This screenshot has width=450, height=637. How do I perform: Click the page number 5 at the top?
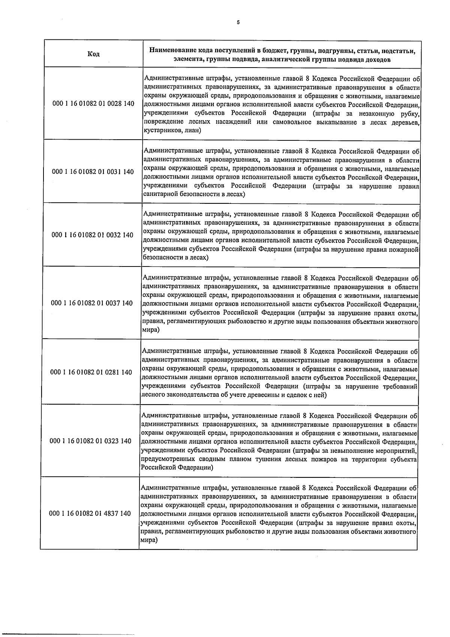pyautogui.click(x=238, y=22)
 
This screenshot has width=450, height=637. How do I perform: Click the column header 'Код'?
pyautogui.click(x=93, y=54)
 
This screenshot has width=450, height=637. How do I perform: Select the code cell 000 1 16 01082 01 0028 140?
pyautogui.click(x=94, y=103)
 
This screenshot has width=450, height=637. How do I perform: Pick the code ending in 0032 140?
pyautogui.click(x=93, y=235)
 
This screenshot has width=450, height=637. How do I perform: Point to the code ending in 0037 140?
pyautogui.click(x=92, y=303)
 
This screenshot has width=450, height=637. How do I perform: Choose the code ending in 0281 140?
pyautogui.click(x=91, y=372)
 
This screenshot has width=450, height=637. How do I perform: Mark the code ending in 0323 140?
pyautogui.click(x=91, y=441)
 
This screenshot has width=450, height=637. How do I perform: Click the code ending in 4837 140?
pyautogui.click(x=90, y=514)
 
